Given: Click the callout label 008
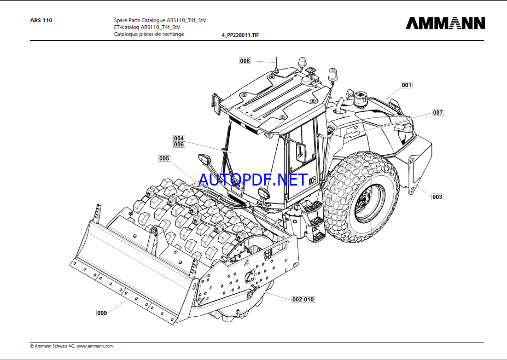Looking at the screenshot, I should [245, 61].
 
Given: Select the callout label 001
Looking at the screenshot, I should [406, 85].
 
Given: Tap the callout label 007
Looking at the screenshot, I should [437, 113].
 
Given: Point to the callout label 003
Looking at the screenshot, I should [437, 197].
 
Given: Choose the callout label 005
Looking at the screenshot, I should [164, 159].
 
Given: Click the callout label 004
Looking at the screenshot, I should [179, 139].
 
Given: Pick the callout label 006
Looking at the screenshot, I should [179, 145].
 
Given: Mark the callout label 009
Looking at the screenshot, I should [102, 313].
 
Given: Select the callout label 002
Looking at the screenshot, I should [297, 299].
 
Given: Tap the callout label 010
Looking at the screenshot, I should [309, 299].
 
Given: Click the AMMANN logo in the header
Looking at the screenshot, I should [445, 23].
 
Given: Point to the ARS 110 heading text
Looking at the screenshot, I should [41, 20].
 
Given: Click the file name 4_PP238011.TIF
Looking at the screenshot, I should [240, 35].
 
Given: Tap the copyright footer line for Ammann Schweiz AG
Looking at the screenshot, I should [71, 346].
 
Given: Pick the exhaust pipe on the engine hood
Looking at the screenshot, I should [340, 106].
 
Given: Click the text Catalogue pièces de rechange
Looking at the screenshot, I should [149, 34].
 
